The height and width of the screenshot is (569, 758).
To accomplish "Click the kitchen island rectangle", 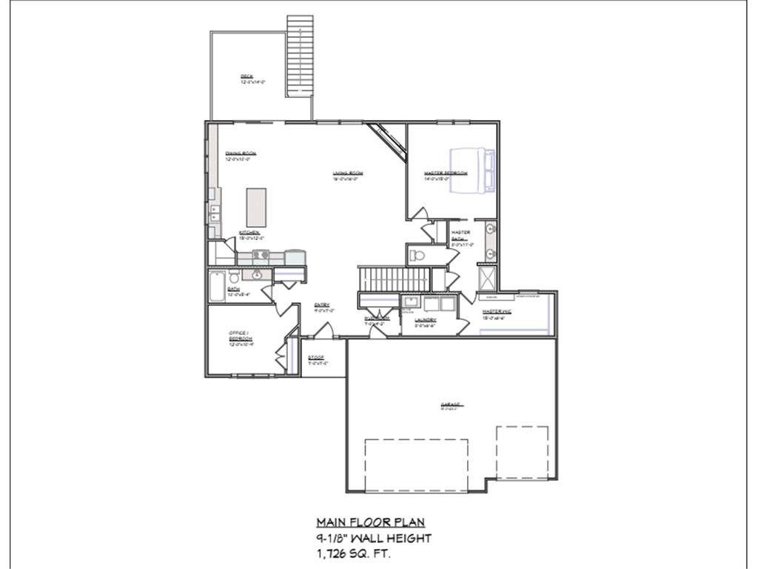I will [x=256, y=207].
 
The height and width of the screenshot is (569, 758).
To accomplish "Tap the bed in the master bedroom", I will [x=472, y=170].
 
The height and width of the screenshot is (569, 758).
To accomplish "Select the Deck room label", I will [x=246, y=76].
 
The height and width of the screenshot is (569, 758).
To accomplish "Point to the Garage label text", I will [x=451, y=405].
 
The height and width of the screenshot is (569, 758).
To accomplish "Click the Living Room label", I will [x=347, y=173].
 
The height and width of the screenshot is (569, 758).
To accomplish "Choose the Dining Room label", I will [x=241, y=153].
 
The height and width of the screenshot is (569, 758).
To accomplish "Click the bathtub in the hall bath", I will [x=216, y=287].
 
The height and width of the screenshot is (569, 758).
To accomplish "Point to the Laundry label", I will [x=425, y=320].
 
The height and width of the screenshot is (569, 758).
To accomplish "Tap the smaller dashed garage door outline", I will [x=522, y=452].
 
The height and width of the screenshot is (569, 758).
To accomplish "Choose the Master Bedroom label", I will [x=446, y=173].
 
